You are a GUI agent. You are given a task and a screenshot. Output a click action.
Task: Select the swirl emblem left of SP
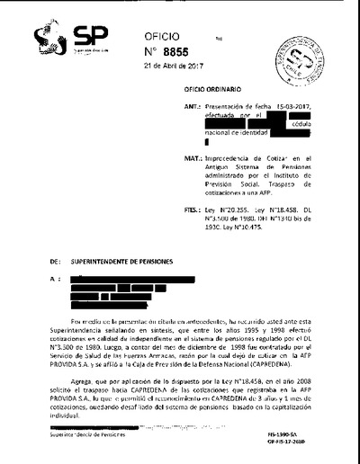click(x=49, y=38)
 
